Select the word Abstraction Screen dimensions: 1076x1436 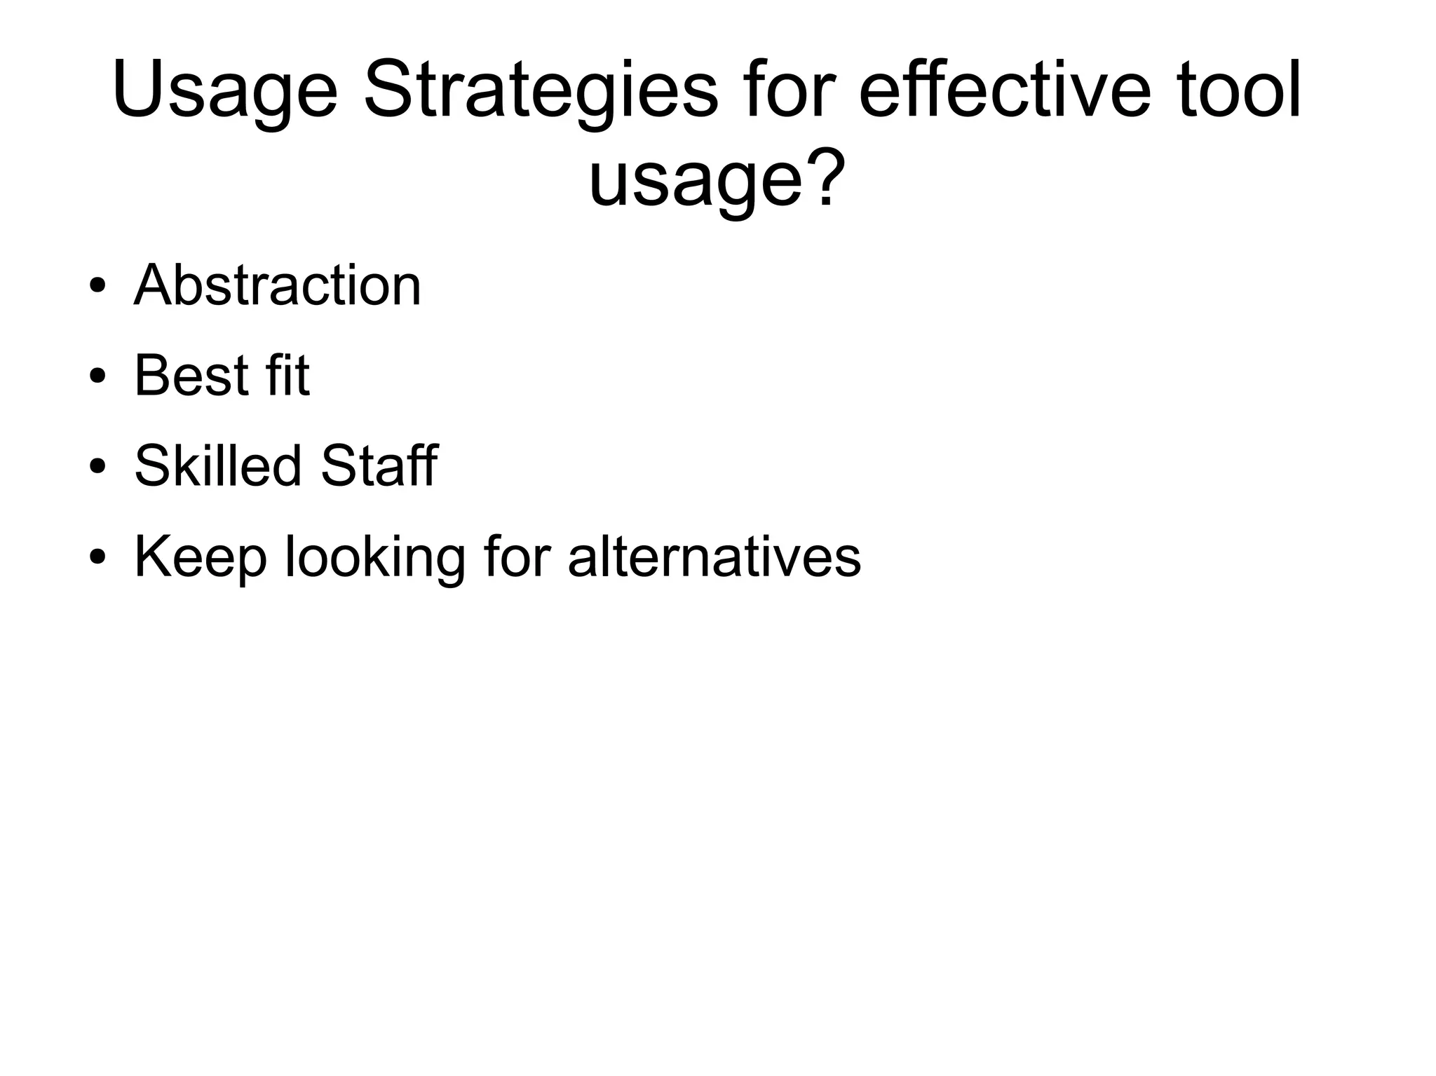tap(278, 285)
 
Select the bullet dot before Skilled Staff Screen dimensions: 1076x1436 tap(97, 466)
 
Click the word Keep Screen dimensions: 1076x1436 tap(200, 557)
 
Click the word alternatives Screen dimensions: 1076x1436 tap(714, 557)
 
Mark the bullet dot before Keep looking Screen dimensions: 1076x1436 tap(97, 557)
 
